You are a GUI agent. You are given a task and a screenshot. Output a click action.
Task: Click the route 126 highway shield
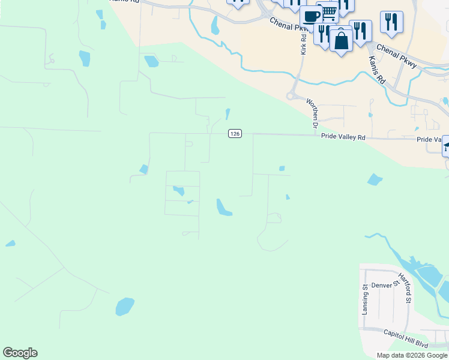235,134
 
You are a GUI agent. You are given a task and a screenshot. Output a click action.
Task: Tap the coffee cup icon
311,16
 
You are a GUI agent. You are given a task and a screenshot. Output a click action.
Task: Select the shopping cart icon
328,11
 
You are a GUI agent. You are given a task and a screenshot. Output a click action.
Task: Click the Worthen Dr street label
312,113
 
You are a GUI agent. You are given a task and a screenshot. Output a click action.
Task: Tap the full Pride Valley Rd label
343,137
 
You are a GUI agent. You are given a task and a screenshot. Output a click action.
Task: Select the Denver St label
384,285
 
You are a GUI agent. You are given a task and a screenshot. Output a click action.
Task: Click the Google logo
20,353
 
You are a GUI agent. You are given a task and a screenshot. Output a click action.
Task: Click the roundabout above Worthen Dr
292,95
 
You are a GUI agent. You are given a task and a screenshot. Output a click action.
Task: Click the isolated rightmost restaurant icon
391,22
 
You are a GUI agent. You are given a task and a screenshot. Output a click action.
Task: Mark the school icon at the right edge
446,146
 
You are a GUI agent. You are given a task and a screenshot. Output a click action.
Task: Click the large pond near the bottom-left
125,307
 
